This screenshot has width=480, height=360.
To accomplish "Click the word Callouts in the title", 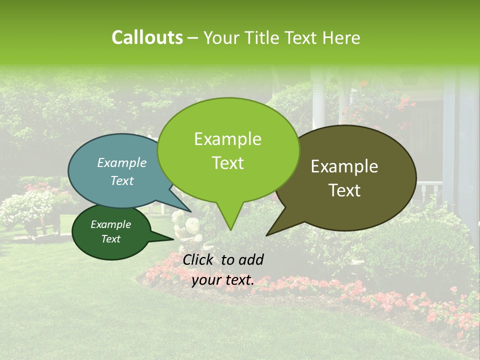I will click(147, 37).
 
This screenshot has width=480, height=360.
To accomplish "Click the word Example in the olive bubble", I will click(344, 166).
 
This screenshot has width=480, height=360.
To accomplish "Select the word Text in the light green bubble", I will click(228, 163).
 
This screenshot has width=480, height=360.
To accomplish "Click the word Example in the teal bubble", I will click(122, 162).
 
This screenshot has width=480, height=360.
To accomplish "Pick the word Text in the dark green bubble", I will click(111, 239).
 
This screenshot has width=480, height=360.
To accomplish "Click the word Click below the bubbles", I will click(198, 259).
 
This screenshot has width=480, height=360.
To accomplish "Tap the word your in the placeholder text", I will click(207, 280).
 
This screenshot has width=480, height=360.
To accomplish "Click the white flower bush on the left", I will click(25, 207).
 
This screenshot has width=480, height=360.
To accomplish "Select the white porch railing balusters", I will click(430, 190).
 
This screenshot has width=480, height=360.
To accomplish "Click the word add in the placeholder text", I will click(251, 259).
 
